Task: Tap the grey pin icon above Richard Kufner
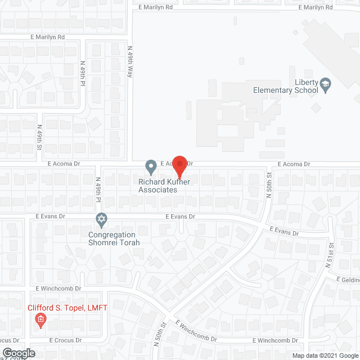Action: [151, 166]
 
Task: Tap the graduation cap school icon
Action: [325, 86]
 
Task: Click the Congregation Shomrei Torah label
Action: [112, 238]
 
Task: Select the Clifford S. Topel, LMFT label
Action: [68, 308]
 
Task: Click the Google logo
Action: [18, 353]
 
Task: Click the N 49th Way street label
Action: [129, 61]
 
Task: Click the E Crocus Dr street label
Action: [65, 340]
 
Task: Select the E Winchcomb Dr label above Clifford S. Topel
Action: [58, 288]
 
